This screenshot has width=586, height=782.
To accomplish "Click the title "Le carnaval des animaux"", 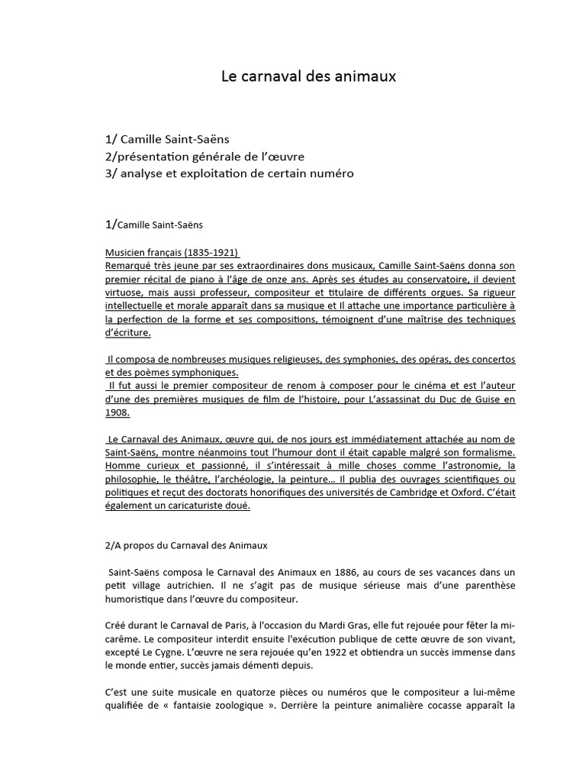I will click(309, 76).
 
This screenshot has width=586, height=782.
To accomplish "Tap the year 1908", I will click(117, 413).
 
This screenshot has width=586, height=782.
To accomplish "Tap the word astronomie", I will click(473, 466).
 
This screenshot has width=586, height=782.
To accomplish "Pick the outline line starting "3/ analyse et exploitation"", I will click(230, 174).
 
